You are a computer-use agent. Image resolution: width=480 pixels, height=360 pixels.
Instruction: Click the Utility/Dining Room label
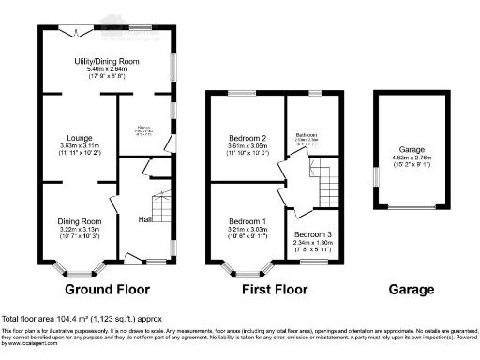tap(107, 61)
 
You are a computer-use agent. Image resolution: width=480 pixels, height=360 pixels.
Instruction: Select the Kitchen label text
tap(144, 126)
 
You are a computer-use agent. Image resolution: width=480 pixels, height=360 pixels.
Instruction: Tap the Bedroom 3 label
tap(312, 233)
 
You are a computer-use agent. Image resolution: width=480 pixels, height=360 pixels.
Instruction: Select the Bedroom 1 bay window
tap(242, 270)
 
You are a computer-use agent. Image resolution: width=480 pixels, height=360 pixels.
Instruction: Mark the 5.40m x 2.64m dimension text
tap(107, 69)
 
